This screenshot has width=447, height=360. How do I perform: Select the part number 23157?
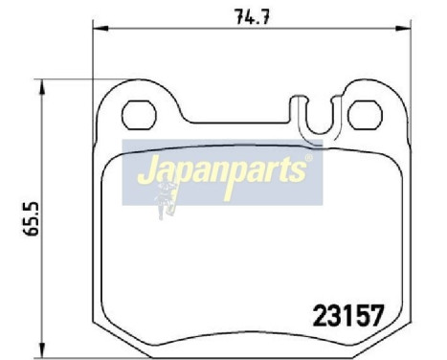pos(349,314)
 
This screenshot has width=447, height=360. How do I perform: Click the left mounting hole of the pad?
pos(140,114)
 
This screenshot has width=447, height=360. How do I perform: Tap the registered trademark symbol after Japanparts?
pos(307,160)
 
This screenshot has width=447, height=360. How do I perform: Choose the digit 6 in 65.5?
pos(15,234)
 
